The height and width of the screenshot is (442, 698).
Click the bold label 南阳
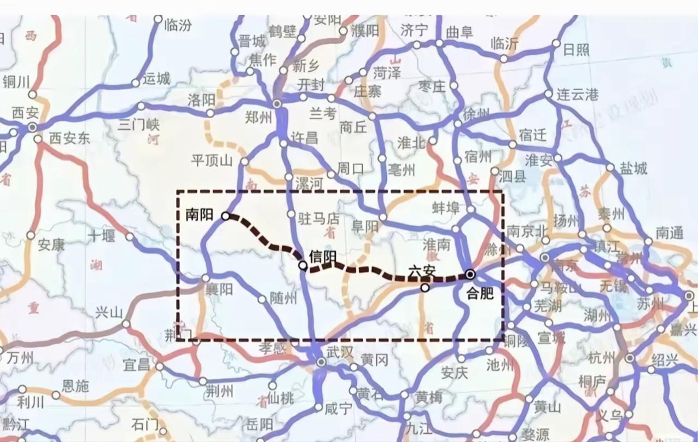[199, 215]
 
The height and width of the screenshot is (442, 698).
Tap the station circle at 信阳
[303, 265]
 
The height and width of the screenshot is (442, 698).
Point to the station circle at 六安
[425, 287]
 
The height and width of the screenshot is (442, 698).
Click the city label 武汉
[340, 352]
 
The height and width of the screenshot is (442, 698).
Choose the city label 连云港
[577, 94]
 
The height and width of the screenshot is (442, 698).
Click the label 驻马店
[319, 219]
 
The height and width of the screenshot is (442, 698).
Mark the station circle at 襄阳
[206, 278]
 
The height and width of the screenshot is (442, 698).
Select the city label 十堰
[101, 236]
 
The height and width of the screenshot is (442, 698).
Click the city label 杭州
[602, 358]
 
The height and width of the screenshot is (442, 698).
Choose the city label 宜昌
[136, 365]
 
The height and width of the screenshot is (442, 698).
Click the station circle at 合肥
[470, 274]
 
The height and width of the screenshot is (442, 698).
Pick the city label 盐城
[633, 168]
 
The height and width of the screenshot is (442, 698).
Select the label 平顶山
[212, 161]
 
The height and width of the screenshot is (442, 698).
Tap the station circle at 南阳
[225, 216]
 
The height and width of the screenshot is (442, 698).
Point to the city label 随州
[283, 298]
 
